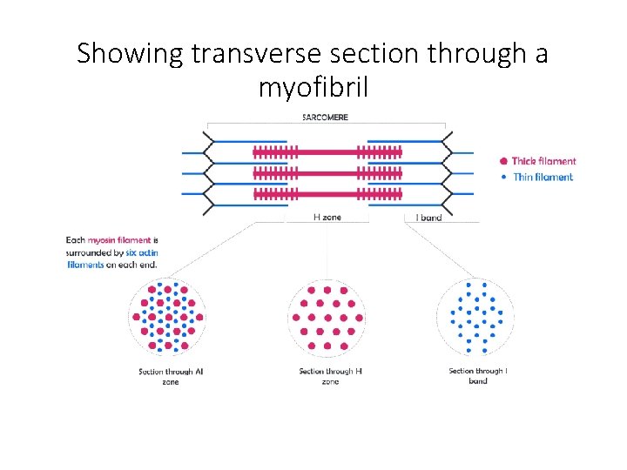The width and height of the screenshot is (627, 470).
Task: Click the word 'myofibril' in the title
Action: (313, 87)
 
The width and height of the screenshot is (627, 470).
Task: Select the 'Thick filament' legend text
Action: (543, 161)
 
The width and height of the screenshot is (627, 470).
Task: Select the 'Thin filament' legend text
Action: (543, 177)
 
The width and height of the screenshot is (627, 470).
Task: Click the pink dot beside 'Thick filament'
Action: (503, 161)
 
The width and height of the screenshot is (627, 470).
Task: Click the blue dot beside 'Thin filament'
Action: (504, 177)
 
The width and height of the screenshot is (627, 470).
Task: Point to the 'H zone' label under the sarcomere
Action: (327, 218)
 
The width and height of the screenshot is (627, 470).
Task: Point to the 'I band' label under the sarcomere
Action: (428, 218)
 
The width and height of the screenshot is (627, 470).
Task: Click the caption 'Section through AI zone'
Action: (171, 377)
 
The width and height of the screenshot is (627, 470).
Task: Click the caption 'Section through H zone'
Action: (330, 377)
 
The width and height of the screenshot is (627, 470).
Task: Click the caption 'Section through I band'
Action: (478, 376)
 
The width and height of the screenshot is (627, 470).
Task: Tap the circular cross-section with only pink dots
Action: (327, 317)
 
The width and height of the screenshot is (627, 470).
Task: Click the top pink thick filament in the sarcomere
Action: (327, 152)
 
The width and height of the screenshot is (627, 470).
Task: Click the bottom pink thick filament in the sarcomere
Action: (327, 193)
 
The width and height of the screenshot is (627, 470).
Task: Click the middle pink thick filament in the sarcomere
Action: (327, 173)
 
